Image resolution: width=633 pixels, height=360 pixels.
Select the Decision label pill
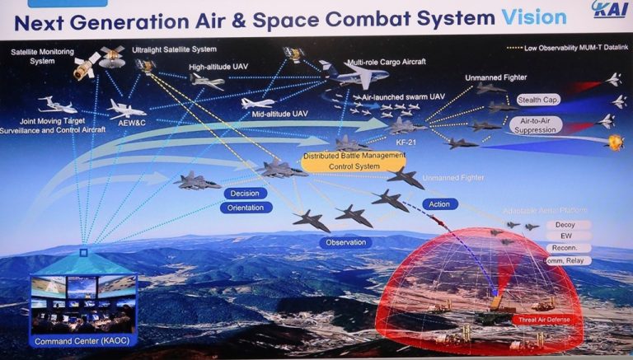coord(245,194)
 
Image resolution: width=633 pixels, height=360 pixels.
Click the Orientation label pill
coord(245,208)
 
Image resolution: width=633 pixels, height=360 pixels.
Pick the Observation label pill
coord(345,242)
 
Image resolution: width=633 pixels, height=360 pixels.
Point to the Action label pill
coord(439,203)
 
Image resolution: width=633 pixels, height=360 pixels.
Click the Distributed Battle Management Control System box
coord(342,161)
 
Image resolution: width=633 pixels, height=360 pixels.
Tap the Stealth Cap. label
coord(539,101)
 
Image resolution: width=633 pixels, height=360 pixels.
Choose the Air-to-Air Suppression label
coord(536,125)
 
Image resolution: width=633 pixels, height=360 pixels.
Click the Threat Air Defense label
coord(538,319)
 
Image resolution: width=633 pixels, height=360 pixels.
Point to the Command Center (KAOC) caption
coord(82,341)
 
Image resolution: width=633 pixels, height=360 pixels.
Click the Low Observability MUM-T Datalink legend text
coord(569,38)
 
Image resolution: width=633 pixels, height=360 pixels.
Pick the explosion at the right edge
coord(615,142)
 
